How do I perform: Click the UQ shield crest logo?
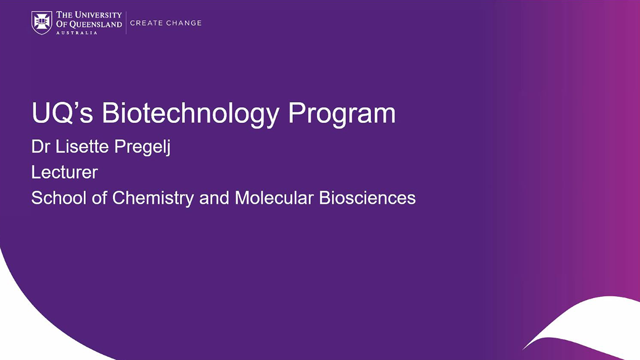42,23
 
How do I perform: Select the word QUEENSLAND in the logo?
95,25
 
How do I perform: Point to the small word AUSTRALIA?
77,33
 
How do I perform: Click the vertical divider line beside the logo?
126,23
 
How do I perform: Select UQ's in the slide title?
62,113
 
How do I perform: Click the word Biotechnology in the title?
190,114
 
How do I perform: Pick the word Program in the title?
342,114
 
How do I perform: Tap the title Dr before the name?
42,147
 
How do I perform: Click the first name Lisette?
82,147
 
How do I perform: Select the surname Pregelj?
142,148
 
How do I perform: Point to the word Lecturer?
65,172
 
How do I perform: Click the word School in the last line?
59,198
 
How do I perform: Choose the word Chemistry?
153,198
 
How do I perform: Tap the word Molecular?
274,198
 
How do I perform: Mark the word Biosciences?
367,198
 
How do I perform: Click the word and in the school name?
214,198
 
